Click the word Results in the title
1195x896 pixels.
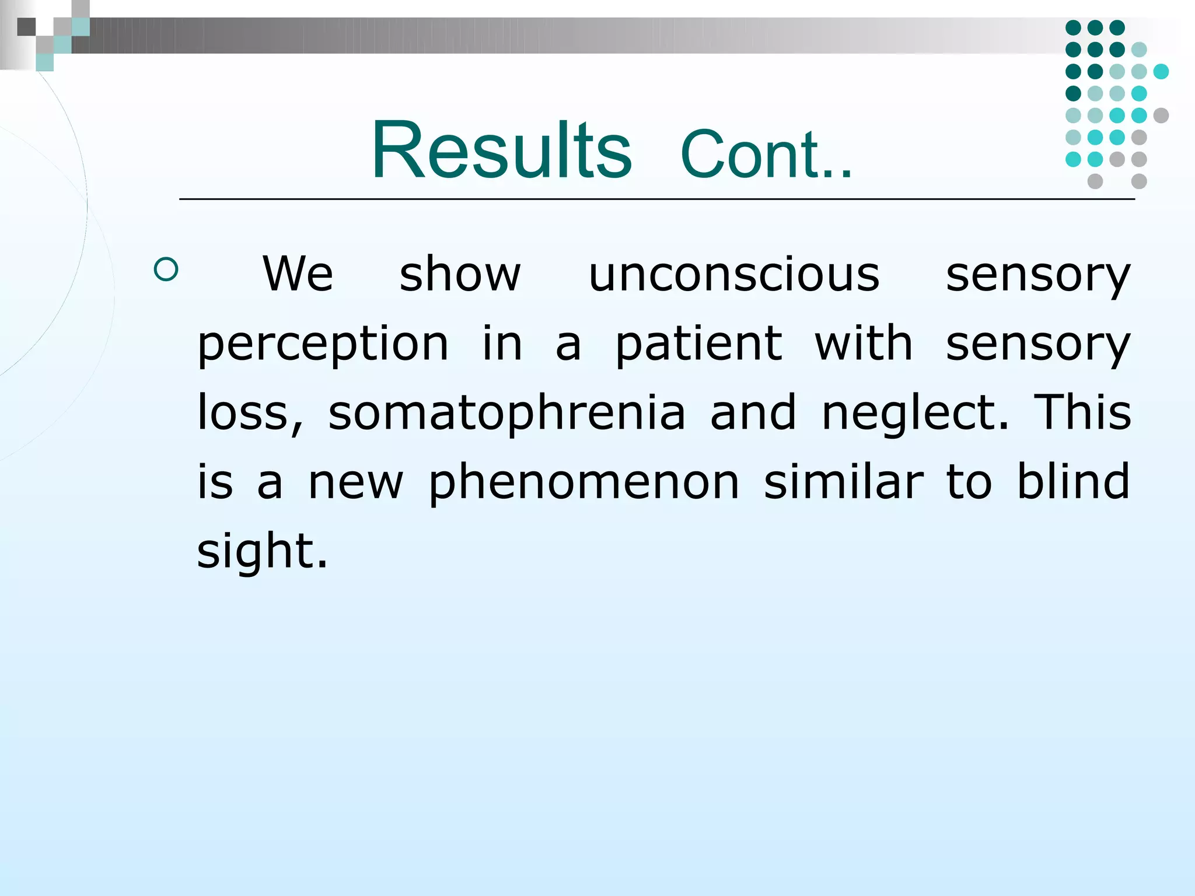coord(501,150)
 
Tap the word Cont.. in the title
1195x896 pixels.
coord(766,155)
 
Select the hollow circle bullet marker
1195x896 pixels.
coord(166,270)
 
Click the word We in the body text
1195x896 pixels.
coord(298,274)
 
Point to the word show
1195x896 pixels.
coord(460,274)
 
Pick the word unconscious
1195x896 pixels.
coord(733,274)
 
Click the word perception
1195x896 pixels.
coord(323,344)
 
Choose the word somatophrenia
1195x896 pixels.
coord(506,413)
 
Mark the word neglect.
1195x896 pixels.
coord(914,412)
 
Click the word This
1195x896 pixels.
coord(1082,412)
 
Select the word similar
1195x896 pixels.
coord(844,482)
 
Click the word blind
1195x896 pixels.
coord(1073,482)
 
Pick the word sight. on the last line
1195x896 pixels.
coord(262,552)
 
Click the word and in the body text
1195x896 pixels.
coord(753,412)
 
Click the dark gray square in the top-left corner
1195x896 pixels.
coord(26,27)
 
